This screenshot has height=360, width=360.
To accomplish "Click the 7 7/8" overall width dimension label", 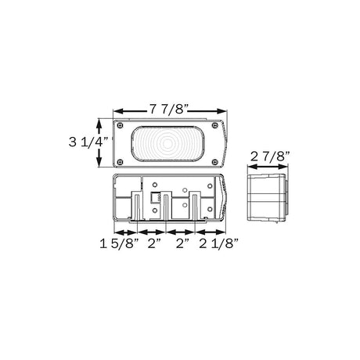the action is (169, 109).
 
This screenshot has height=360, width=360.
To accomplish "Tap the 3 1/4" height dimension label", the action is (88, 142).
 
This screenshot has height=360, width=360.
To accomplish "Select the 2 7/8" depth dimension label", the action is (270, 157).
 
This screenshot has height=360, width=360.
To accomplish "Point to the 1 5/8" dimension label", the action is (119, 243).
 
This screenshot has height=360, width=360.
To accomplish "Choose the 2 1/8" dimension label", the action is (219, 243).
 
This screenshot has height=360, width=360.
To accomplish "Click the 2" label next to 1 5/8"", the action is (154, 243).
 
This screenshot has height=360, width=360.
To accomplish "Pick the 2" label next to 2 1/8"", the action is (182, 243).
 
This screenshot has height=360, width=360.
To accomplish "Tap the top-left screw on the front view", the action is (120, 125).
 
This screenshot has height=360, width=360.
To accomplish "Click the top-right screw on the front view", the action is (214, 125).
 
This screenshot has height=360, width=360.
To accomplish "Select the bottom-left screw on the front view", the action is (120, 162).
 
